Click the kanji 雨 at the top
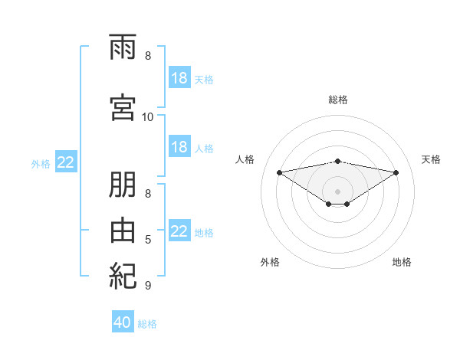pos(123,47)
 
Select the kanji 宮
pos(123,107)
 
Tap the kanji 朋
pos(123,185)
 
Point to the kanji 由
pos(123,231)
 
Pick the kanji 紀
pos(123,277)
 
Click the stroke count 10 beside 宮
pos(147,117)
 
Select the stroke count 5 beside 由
pos(148,240)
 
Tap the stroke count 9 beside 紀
pos(148,285)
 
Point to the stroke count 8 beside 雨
pos(148,56)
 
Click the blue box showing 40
pos(123,321)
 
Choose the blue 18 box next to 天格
pos(180,77)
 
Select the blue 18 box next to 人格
pos(180,146)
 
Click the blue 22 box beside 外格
pos(66,162)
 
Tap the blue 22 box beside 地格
pos(180,230)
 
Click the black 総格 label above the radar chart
pos(338,100)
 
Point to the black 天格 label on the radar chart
pos(431,159)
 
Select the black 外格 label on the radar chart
pos(270,262)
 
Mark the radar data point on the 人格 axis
pos(279,172)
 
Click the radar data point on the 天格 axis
pos(396,172)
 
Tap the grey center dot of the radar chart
pos(337,191)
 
